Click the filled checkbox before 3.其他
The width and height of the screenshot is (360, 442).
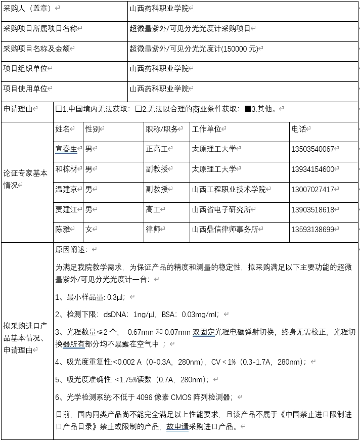click(247, 109)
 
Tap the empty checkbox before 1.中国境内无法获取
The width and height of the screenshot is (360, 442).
click(59, 109)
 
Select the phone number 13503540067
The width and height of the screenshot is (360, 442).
click(313, 149)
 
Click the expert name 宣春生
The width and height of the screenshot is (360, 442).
click(66, 149)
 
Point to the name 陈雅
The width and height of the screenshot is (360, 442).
click(62, 229)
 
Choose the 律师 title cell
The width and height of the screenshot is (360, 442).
click(153, 229)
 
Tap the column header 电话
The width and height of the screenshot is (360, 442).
click(299, 129)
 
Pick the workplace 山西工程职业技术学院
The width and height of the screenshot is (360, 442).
click(229, 189)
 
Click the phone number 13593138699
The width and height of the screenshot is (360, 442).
click(313, 229)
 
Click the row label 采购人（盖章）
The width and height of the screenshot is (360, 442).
click(28, 9)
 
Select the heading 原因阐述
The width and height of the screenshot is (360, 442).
click(71, 249)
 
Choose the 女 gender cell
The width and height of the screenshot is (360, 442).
click(88, 229)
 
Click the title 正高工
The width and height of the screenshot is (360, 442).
click(156, 149)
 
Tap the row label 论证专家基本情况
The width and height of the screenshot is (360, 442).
click(25, 179)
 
